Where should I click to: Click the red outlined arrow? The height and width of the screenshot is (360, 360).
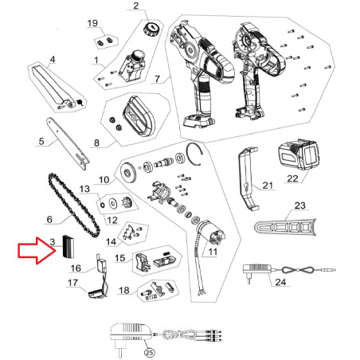[x=37, y=250]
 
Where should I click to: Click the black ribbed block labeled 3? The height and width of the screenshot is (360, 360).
[x=68, y=246]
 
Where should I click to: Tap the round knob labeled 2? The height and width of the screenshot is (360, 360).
[x=151, y=29]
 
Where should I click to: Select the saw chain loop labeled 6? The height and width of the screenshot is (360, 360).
[x=75, y=205]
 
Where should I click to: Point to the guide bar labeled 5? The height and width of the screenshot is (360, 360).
[x=68, y=143]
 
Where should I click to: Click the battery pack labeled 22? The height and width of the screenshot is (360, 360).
[x=298, y=154]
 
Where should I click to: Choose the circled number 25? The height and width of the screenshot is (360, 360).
[x=150, y=352]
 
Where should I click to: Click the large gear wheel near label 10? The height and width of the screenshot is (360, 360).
[x=128, y=172]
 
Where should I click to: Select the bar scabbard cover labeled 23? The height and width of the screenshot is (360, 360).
[x=285, y=229]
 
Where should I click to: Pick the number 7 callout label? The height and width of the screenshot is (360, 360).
[x=158, y=79]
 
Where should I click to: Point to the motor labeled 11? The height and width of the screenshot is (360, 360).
[x=212, y=233]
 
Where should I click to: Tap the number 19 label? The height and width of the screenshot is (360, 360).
[x=92, y=23]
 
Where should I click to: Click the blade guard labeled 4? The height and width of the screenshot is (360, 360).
[x=54, y=84]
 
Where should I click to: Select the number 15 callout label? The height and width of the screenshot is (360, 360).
[x=120, y=258]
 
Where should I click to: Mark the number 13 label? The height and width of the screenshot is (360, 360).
[x=84, y=189]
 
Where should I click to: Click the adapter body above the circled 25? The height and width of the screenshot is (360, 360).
[x=131, y=333]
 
